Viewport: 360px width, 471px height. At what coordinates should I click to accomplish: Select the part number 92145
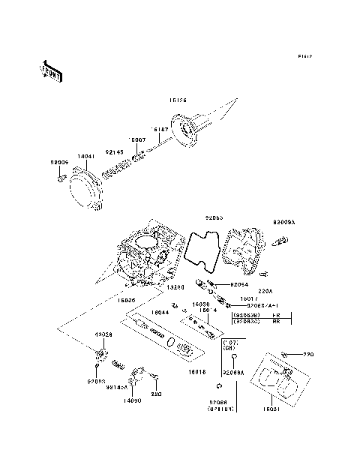point(115,151)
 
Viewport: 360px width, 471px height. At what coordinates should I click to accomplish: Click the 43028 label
point(103,334)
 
